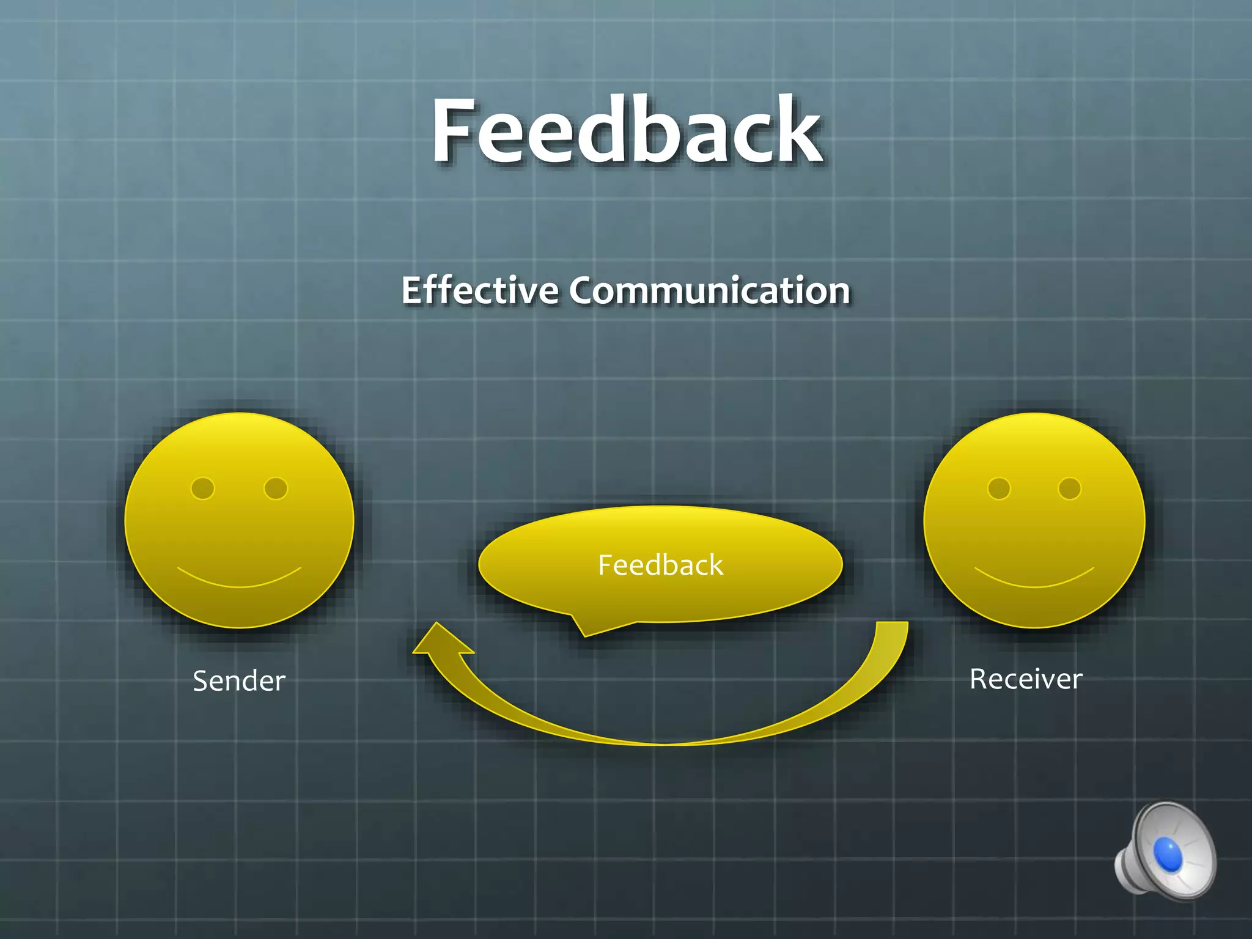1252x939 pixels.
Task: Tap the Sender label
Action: pyautogui.click(x=239, y=681)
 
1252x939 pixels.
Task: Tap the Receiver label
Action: pyautogui.click(x=1026, y=679)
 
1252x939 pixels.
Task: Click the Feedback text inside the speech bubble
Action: pyautogui.click(x=660, y=565)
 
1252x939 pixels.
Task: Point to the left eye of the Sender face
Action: pyautogui.click(x=203, y=488)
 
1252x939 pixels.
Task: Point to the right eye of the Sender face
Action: pyautogui.click(x=276, y=488)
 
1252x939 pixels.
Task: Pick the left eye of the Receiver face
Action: pyautogui.click(x=999, y=488)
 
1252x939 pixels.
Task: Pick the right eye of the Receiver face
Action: pyautogui.click(x=1069, y=488)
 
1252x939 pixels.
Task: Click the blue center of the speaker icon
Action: pyautogui.click(x=1168, y=853)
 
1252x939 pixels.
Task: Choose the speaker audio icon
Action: pyautogui.click(x=1165, y=851)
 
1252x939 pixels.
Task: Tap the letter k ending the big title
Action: pyautogui.click(x=795, y=130)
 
